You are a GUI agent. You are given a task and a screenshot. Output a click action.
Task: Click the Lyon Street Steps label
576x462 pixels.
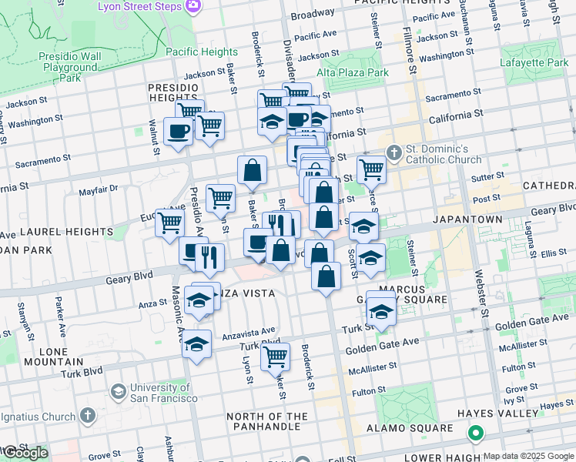point(139,6)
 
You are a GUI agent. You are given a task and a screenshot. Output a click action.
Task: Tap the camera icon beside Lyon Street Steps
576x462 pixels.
point(193,6)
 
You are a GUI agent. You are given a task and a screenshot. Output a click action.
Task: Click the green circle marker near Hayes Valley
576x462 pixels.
point(477,434)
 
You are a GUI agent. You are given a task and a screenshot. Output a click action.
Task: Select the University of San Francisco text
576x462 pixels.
point(163,393)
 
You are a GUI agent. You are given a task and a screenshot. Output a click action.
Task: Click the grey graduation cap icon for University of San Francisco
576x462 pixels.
point(118,392)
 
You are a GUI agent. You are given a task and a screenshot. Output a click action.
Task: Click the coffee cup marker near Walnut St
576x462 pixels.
point(179,132)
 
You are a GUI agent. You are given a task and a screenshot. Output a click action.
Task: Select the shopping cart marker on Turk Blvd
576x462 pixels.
point(275,357)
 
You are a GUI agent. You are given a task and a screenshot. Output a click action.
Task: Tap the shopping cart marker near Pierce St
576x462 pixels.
point(371,168)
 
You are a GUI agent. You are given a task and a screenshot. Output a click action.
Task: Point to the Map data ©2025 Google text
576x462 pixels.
point(528,456)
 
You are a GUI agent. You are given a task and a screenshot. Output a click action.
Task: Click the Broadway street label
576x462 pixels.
point(313,15)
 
